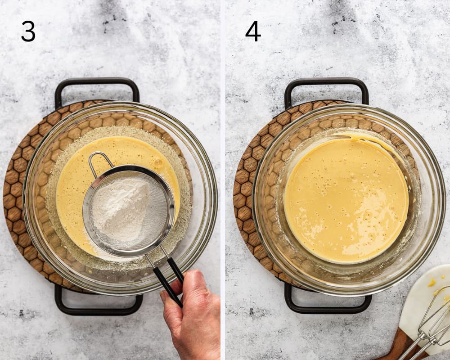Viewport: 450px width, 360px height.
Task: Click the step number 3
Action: pos(28,31)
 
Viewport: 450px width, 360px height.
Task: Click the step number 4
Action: pos(253,31)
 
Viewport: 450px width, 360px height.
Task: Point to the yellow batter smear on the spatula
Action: pos(432,283)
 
